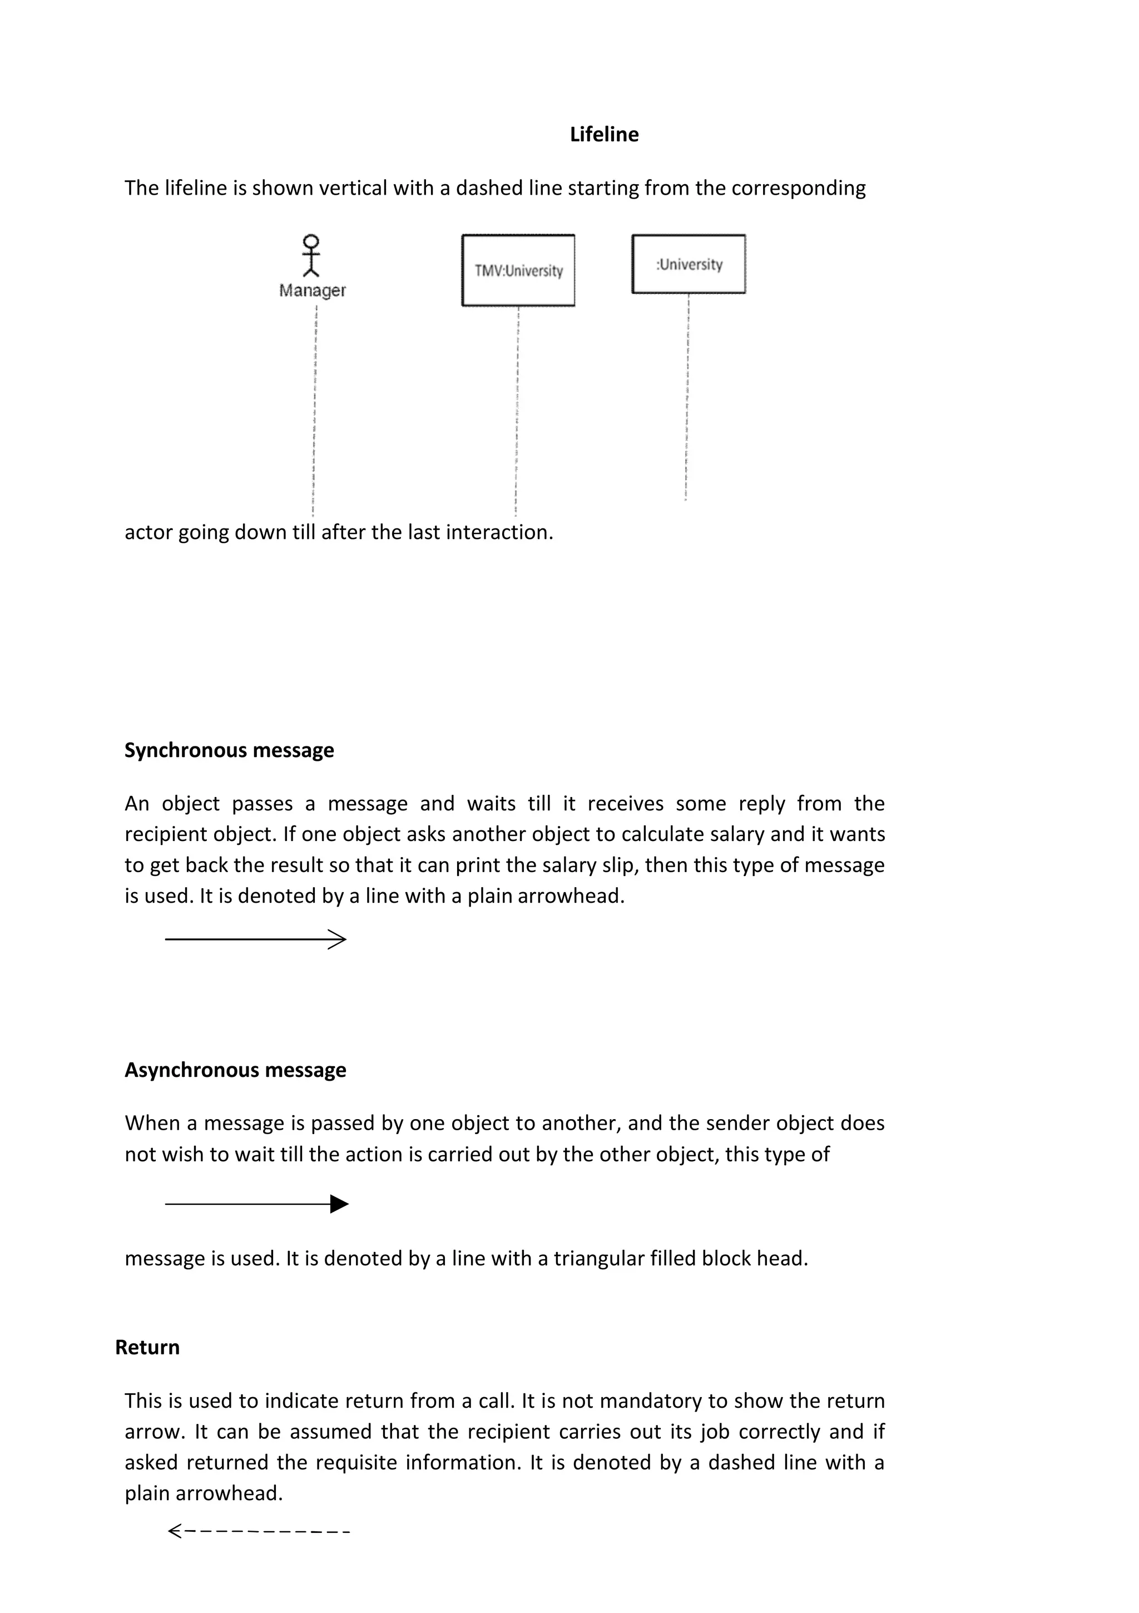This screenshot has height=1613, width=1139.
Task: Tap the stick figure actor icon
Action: coord(310,256)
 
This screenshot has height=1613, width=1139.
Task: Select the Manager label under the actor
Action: coord(312,290)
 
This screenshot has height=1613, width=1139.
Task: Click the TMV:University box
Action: coord(518,270)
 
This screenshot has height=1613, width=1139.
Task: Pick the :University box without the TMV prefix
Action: coord(689,264)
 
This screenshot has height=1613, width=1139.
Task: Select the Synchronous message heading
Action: coord(229,750)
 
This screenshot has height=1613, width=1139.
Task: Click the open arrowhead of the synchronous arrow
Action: coord(339,939)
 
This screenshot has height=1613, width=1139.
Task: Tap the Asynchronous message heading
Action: coord(235,1070)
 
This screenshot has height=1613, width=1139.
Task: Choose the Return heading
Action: coord(147,1348)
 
